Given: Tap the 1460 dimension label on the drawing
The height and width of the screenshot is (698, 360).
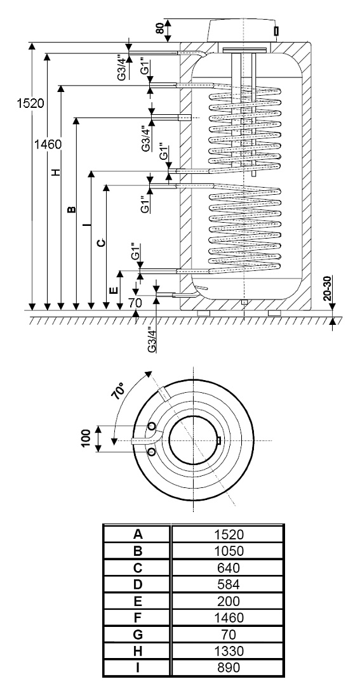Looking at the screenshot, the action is [48, 144].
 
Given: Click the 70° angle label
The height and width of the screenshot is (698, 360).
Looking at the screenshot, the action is [122, 392].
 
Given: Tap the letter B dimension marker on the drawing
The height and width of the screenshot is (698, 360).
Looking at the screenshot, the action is [71, 209].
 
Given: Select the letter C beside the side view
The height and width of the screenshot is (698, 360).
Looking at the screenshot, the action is [102, 242].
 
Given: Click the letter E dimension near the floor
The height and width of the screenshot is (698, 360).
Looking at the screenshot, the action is [114, 291].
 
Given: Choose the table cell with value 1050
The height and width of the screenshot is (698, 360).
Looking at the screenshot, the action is [228, 551].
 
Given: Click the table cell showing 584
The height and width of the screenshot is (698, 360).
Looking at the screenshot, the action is [228, 584].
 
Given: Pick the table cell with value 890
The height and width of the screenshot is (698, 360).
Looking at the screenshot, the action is [228, 668].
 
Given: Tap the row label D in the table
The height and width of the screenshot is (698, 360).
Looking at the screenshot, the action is [138, 584].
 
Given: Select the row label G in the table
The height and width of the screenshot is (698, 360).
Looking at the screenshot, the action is [138, 635].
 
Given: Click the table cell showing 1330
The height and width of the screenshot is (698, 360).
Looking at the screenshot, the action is [228, 651].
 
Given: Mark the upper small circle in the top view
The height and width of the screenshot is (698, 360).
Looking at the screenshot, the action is [152, 427].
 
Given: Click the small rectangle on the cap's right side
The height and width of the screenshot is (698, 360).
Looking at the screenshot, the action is [276, 31].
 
